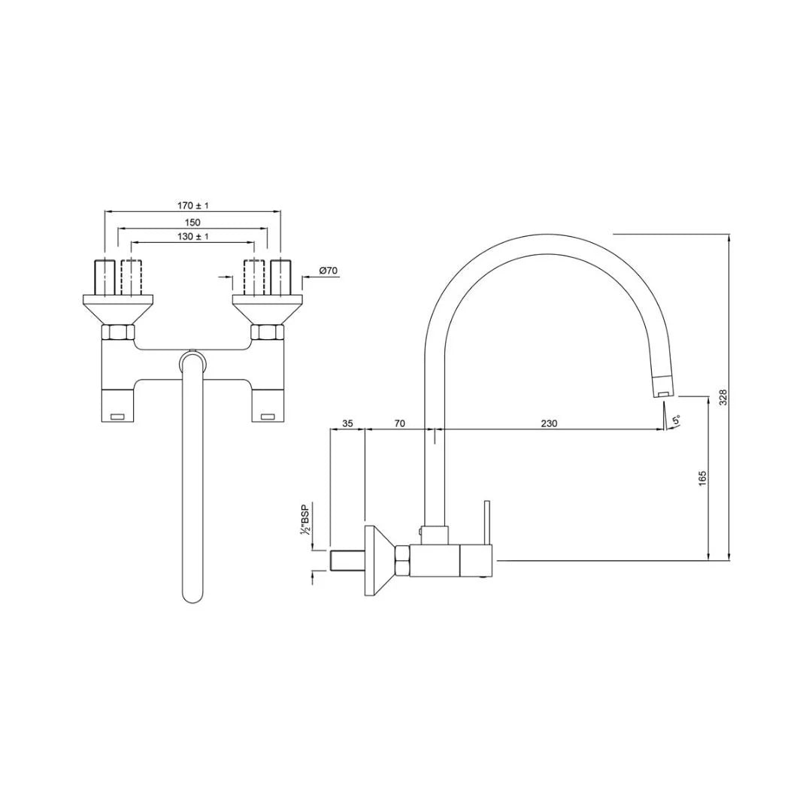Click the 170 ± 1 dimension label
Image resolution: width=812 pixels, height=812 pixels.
192,205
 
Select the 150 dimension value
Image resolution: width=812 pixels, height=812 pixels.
192,222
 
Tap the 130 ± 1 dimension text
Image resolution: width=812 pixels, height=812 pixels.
192,236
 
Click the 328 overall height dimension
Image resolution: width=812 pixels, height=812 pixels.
723,398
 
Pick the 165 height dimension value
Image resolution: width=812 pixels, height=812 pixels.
702,477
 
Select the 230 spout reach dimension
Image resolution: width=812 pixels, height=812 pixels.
549,423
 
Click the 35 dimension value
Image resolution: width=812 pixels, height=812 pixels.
347,423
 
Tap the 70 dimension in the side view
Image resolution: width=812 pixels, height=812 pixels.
399,423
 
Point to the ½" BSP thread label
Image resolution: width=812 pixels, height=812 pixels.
305,520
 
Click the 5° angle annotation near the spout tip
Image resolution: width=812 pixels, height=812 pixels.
676,420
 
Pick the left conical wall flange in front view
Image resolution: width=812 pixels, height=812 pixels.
117,310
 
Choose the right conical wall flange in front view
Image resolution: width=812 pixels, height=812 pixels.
268,310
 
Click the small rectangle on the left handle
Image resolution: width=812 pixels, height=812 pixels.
117,416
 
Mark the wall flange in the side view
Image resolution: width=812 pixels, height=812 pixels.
374,561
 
